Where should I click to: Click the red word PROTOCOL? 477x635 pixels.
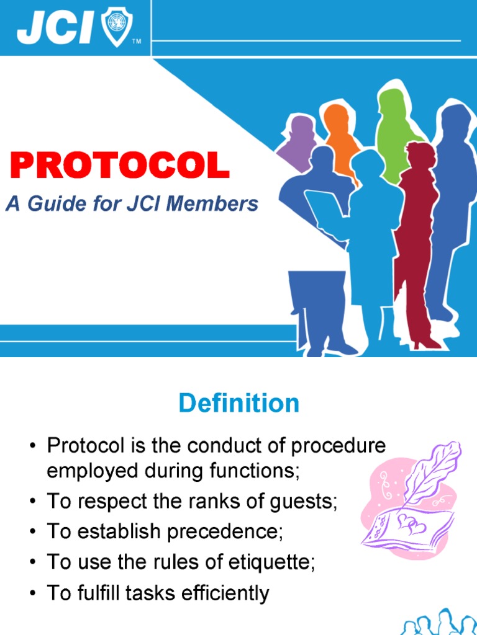point(120,166)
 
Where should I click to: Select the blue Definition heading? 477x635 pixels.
point(238,404)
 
